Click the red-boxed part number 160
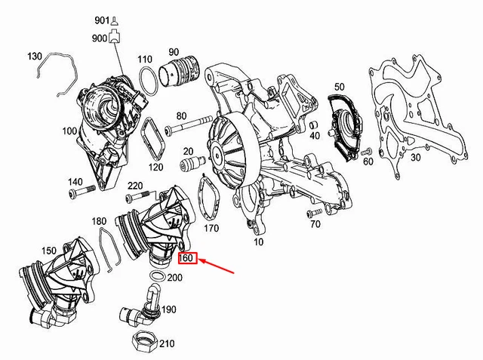point(187,259)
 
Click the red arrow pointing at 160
point(220,266)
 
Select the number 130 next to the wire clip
point(35,57)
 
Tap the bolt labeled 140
point(82,189)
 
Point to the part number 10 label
point(260,243)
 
